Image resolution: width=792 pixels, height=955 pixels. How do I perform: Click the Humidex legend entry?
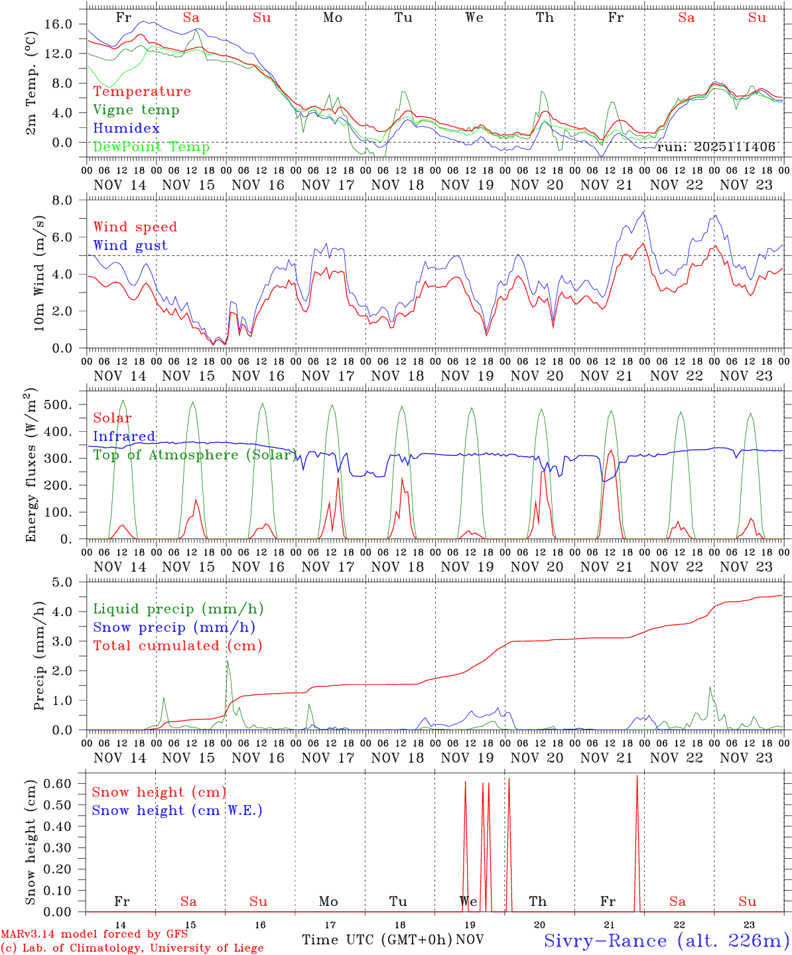pos(126,128)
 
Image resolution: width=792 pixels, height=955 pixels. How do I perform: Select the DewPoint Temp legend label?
pos(151,147)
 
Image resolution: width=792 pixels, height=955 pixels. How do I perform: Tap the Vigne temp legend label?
pos(136,109)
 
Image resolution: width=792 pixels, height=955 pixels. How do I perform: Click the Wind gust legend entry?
pos(130,245)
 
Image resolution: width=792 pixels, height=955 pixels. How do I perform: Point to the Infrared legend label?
pos(124,436)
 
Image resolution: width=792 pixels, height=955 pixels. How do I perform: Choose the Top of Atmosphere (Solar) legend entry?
pos(194,455)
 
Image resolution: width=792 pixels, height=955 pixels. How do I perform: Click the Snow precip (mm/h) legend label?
pos(174,627)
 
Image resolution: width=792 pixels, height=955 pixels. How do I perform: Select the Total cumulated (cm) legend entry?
pos(178,645)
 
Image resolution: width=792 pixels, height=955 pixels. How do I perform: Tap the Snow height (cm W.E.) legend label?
pos(177,810)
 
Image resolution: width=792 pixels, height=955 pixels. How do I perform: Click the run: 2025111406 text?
pos(716,147)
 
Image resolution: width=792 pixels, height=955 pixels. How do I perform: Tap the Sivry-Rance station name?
pos(666,940)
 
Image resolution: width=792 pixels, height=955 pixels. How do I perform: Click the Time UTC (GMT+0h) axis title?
pos(377,940)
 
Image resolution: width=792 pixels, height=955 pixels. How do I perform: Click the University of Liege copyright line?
pos(132,948)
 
